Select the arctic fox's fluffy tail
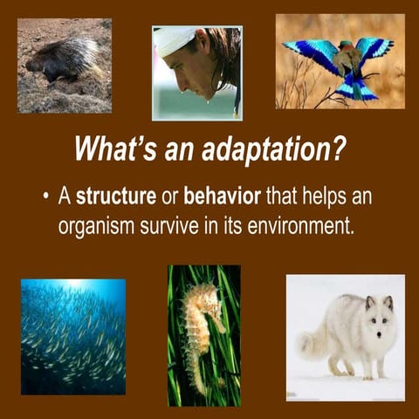(x=314, y=340)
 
